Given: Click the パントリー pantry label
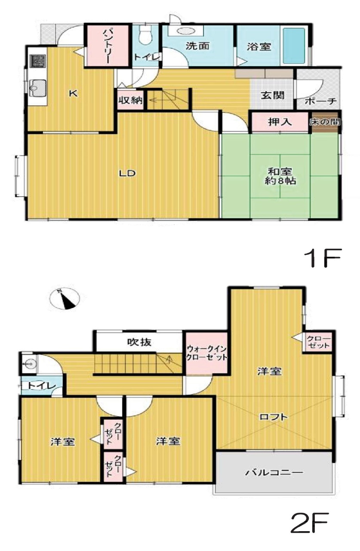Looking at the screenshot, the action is click(108, 46).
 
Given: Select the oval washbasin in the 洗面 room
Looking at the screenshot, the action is click(185, 31).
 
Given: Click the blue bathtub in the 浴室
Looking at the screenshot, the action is click(294, 46).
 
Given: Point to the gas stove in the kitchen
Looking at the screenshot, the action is click(37, 61).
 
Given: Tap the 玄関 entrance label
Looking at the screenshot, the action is click(273, 95).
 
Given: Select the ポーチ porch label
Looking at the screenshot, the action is click(320, 101).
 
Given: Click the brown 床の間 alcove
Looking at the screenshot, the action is click(324, 122).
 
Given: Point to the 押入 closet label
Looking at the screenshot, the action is click(280, 122).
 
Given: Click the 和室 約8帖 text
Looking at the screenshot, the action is click(280, 176).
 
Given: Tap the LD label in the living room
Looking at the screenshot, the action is click(127, 173).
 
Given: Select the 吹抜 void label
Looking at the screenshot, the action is click(139, 342).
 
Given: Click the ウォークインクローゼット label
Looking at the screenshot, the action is click(206, 353).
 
